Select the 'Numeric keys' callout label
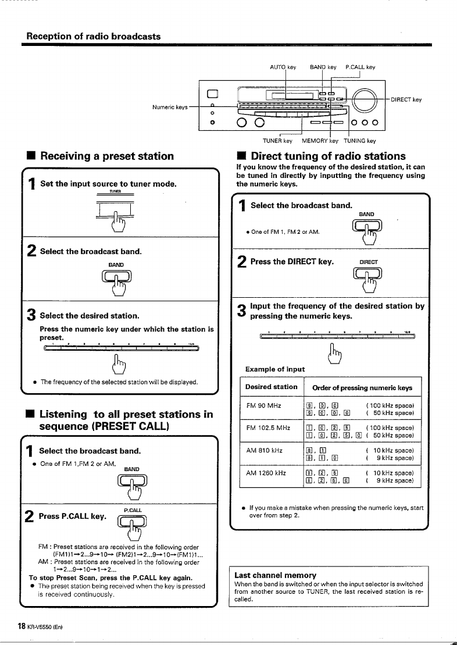pyautogui.click(x=170, y=106)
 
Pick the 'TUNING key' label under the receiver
pyautogui.click(x=360, y=140)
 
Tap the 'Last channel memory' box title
pyautogui.click(x=267, y=575)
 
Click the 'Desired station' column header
pyautogui.click(x=271, y=387)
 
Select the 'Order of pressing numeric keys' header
pyautogui.click(x=362, y=387)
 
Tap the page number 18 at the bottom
pyautogui.click(x=22, y=626)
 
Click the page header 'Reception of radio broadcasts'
pyautogui.click(x=94, y=36)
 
